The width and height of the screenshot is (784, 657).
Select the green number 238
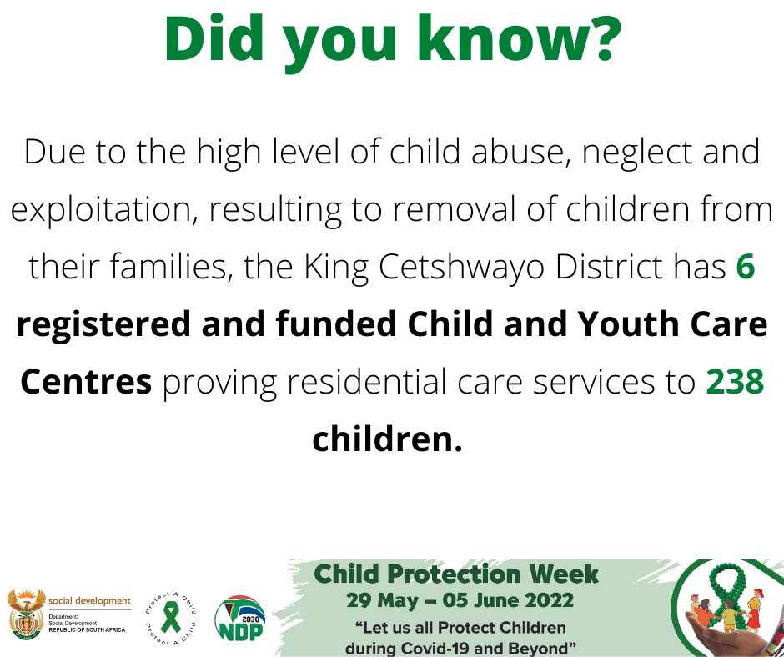pyautogui.click(x=735, y=382)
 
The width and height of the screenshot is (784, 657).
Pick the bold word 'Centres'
pyautogui.click(x=86, y=382)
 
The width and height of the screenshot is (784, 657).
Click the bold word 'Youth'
pyautogui.click(x=612, y=325)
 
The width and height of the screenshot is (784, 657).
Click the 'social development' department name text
pyautogui.click(x=90, y=600)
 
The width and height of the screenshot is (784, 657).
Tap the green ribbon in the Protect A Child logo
pyautogui.click(x=170, y=617)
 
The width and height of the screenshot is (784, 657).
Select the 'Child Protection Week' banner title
pyautogui.click(x=455, y=574)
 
